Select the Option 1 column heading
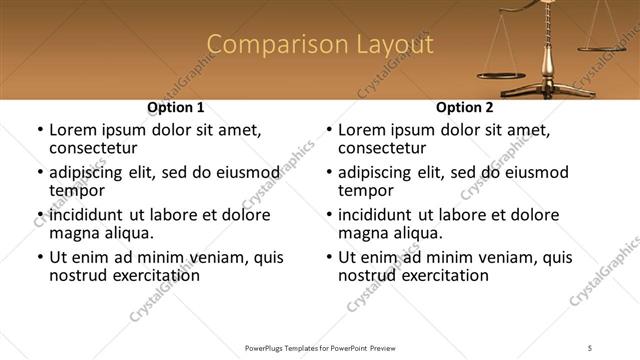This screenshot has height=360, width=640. click(176, 107)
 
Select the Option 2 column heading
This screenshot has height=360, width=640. click(464, 107)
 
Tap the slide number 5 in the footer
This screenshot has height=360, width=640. click(590, 348)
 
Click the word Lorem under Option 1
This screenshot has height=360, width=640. click(75, 130)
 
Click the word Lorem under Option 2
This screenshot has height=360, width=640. click(364, 130)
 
